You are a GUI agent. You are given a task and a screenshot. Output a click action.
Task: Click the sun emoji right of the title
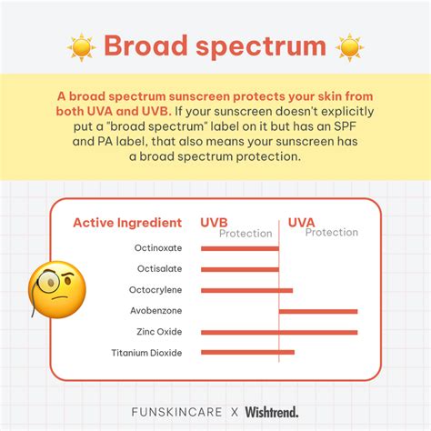pos(349,45)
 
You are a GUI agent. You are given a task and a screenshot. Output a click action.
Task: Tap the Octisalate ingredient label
pos(158,268)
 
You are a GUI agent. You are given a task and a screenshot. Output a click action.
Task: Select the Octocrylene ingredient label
pos(155,290)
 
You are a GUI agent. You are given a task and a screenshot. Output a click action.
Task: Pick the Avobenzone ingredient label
pos(156,311)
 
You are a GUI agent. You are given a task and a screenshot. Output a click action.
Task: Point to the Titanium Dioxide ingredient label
pos(146,353)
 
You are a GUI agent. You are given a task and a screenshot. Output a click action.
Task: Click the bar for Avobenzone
pos(317,311)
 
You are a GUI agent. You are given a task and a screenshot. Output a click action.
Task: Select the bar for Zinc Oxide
pos(278,332)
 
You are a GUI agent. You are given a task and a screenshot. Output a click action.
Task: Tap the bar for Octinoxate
pos(239,247)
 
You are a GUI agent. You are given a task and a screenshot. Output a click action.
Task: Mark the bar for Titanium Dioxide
pos(246,352)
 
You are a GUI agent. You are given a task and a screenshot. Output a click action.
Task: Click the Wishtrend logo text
pos(270,411)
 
